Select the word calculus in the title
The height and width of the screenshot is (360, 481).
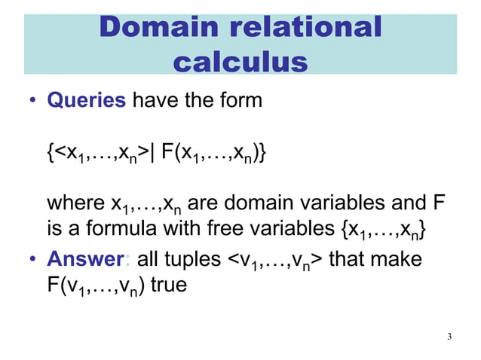[x=240, y=61]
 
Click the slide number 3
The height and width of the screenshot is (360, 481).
[x=449, y=336]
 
